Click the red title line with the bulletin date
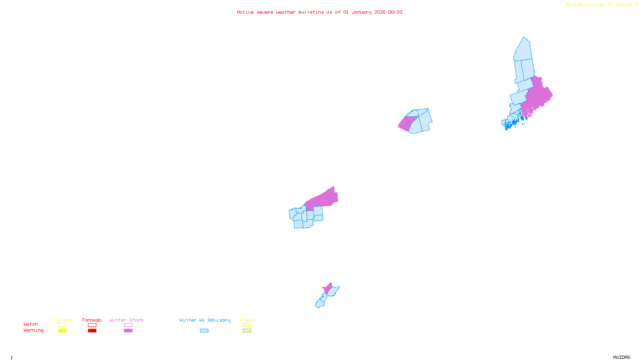pos(320,12)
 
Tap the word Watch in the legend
pos(31,324)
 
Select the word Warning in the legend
pos(33,330)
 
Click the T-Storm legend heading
pos(62,320)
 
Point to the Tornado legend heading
pos(92,320)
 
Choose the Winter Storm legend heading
pos(126,320)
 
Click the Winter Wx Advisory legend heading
pos(205,320)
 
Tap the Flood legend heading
pos(247,320)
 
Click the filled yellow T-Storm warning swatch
pos(62,331)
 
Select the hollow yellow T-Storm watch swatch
pos(62,325)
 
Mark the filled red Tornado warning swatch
pos(92,331)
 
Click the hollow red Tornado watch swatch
pos(92,325)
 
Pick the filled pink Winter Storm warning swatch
pos(128,331)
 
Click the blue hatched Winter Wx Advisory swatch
pos(204,331)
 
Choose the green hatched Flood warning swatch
pos(247,331)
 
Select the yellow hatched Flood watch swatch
pos(247,325)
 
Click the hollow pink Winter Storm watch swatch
pos(128,325)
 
